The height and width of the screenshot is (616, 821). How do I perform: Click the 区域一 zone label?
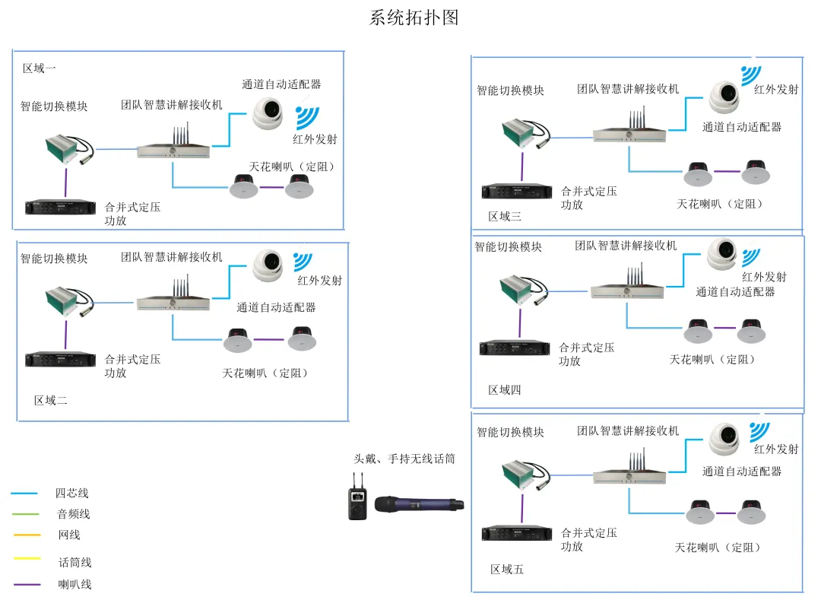pos(40,68)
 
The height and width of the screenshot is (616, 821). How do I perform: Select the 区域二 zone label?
pos(51,400)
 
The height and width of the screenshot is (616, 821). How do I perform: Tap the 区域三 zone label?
pos(505,217)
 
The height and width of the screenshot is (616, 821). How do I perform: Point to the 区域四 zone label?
pos(505,390)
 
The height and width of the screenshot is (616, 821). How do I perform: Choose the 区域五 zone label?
pos(507,569)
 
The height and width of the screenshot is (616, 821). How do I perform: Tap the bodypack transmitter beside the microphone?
pos(357,502)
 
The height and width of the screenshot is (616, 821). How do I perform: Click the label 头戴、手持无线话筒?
pos(404,459)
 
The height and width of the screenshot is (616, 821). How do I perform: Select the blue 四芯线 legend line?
pos(25,494)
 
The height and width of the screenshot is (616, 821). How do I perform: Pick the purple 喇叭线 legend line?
pos(27,585)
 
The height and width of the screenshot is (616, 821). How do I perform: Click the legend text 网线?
pos(69,535)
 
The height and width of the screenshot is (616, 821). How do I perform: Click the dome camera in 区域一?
pos(268,113)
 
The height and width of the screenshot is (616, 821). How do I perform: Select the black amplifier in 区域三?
pos(516,192)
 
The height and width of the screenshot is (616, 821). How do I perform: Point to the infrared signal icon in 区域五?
pos(759,430)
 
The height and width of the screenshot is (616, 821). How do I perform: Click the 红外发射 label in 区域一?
pos(315,139)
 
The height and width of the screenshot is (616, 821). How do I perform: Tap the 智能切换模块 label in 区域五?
pos(510,432)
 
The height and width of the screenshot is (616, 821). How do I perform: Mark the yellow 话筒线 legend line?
pos(27,559)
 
